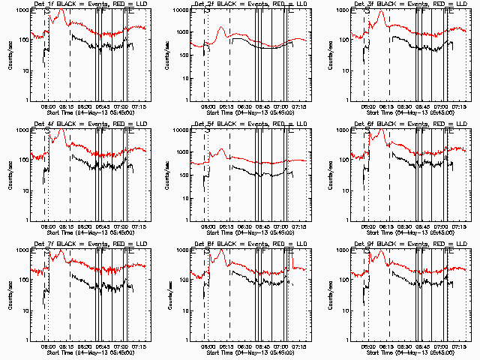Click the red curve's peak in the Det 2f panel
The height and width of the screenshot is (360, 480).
coord(221,28)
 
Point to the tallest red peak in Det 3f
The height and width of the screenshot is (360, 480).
coord(381,12)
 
